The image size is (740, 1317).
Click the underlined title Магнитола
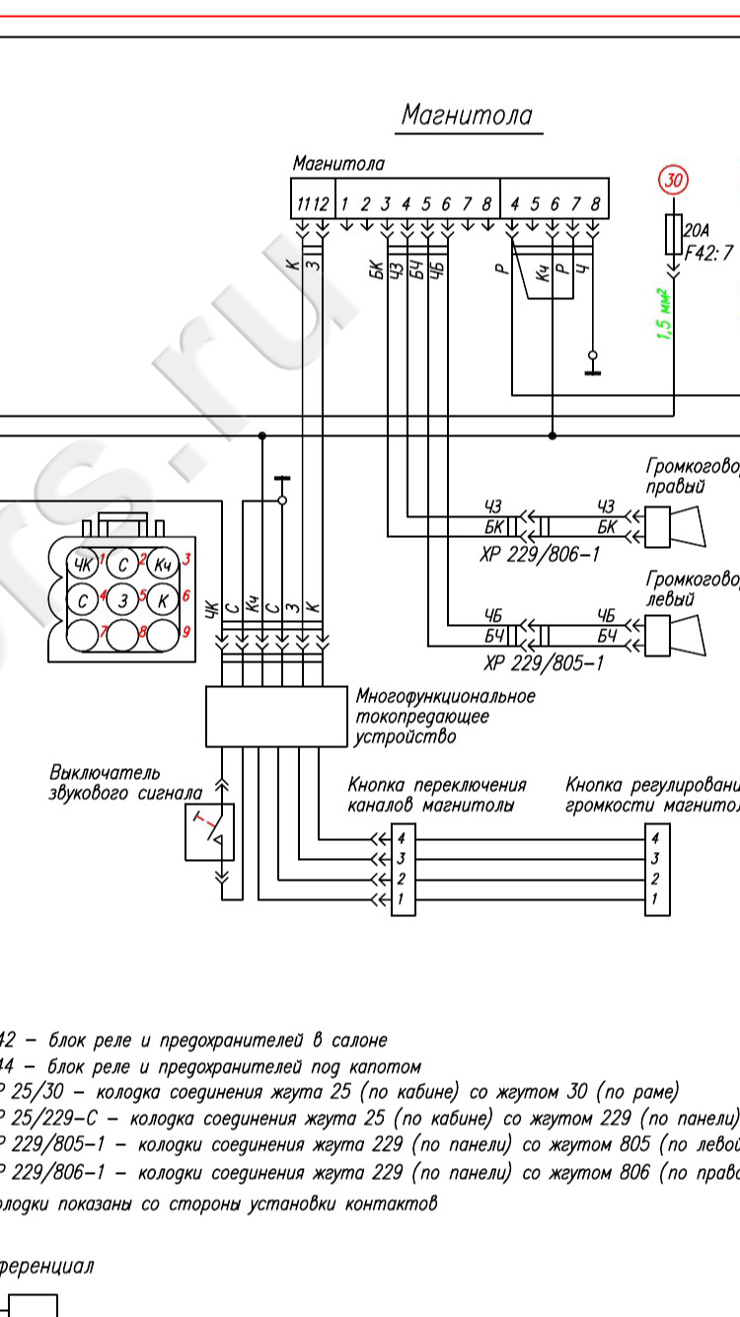point(467,116)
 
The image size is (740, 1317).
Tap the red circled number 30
point(674,181)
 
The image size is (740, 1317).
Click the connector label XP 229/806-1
point(540,556)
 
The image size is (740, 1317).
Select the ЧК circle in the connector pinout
point(82,566)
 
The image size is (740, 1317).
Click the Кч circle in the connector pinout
point(162,566)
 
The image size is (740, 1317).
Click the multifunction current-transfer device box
point(278,717)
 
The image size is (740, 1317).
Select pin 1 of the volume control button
point(656,899)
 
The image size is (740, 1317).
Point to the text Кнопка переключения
point(436,786)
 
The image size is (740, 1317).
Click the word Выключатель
point(105,772)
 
